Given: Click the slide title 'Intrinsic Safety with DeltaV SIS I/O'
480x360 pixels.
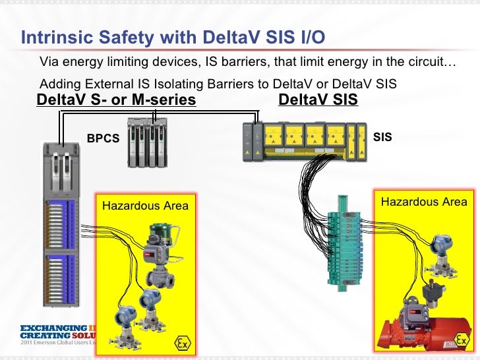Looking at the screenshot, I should click(173, 38).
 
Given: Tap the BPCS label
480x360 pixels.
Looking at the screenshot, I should click(104, 139).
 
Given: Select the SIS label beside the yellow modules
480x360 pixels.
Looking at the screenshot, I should click(382, 138).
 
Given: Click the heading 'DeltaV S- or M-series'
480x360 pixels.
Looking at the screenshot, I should click(116, 100).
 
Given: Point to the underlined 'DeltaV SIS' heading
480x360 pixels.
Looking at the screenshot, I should click(318, 100).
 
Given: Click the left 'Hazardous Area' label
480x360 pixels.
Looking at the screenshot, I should click(145, 206).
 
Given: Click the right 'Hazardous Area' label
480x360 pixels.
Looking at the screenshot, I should click(424, 202).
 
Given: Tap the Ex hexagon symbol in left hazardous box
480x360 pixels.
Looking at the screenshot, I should click(183, 343).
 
